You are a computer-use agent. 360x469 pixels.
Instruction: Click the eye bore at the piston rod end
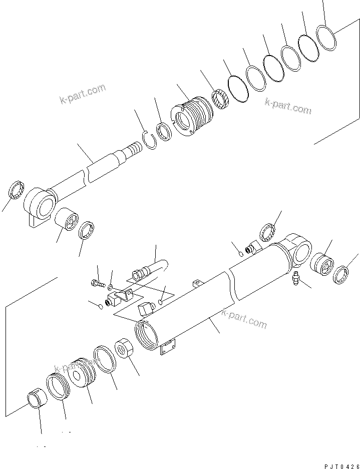coord(45,204)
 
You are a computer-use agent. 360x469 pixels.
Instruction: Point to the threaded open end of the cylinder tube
coord(146,335)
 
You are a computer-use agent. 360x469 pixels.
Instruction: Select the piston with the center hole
coord(81,373)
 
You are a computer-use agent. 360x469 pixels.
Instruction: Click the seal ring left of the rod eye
coord(17,191)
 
